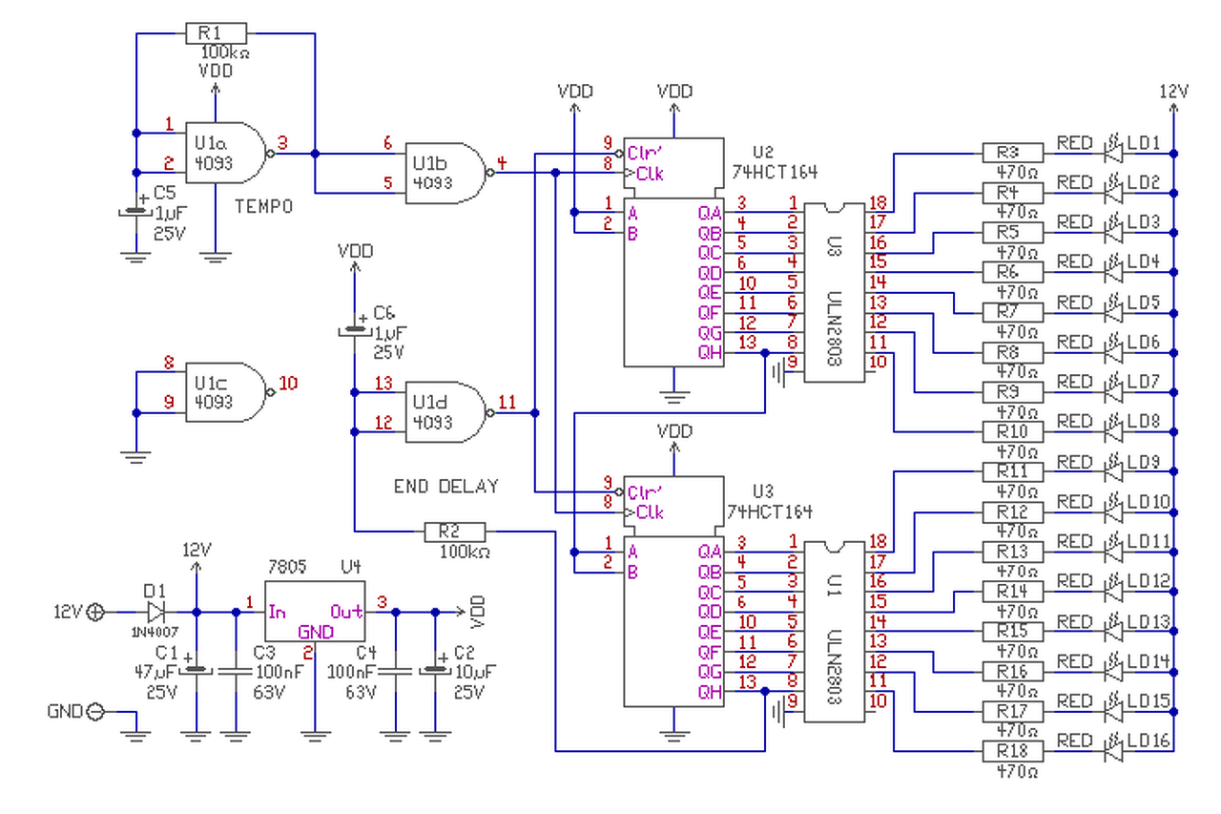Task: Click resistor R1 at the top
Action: point(216,33)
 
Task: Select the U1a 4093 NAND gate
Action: point(226,153)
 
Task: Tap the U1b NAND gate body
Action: point(445,174)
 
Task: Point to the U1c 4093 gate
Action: point(226,392)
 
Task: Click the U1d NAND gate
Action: point(445,412)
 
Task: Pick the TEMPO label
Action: point(264,207)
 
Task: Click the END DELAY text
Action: point(445,487)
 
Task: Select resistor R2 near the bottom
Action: point(455,532)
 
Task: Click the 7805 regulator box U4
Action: point(315,611)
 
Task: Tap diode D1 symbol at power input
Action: point(156,613)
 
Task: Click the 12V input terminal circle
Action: point(95,613)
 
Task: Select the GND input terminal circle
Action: point(95,712)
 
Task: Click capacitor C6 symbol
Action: point(355,330)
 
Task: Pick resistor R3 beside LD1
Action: point(1013,154)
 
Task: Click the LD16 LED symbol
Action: point(1113,751)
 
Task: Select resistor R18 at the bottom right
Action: point(1013,751)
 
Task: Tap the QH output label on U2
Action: point(711,353)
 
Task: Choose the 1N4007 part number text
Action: point(155,632)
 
